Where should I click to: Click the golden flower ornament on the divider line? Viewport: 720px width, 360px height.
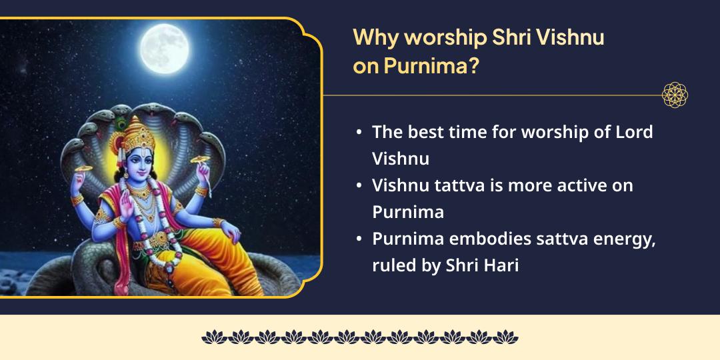[x=674, y=95]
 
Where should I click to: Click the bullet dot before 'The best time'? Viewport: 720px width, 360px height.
[x=359, y=133]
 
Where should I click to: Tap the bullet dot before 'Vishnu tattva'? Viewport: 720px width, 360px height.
[x=359, y=186]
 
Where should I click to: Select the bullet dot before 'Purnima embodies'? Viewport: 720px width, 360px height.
[x=359, y=239]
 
